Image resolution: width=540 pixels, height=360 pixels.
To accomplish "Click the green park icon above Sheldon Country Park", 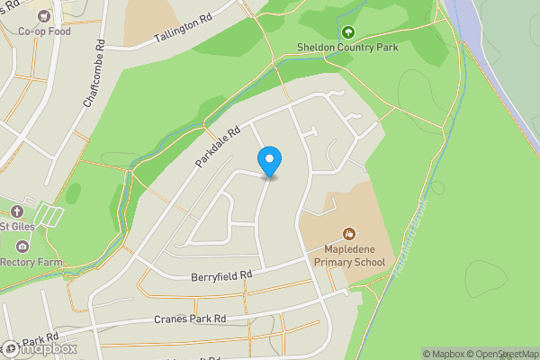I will (x=346, y=33).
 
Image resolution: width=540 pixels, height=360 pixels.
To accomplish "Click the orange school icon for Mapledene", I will (x=348, y=234).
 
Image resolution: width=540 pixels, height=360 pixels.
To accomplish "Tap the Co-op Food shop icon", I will (x=43, y=15).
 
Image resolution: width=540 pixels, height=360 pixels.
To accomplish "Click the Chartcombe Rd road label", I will (x=94, y=74).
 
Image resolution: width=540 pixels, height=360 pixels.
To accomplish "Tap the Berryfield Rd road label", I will (x=221, y=275).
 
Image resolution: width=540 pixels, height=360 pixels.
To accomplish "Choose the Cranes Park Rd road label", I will (x=189, y=319).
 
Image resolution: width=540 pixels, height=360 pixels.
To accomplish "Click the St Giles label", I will (x=17, y=226).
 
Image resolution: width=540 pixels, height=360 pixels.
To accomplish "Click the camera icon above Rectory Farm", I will (x=22, y=246).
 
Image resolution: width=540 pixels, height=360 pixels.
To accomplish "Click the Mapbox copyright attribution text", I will (x=444, y=354).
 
